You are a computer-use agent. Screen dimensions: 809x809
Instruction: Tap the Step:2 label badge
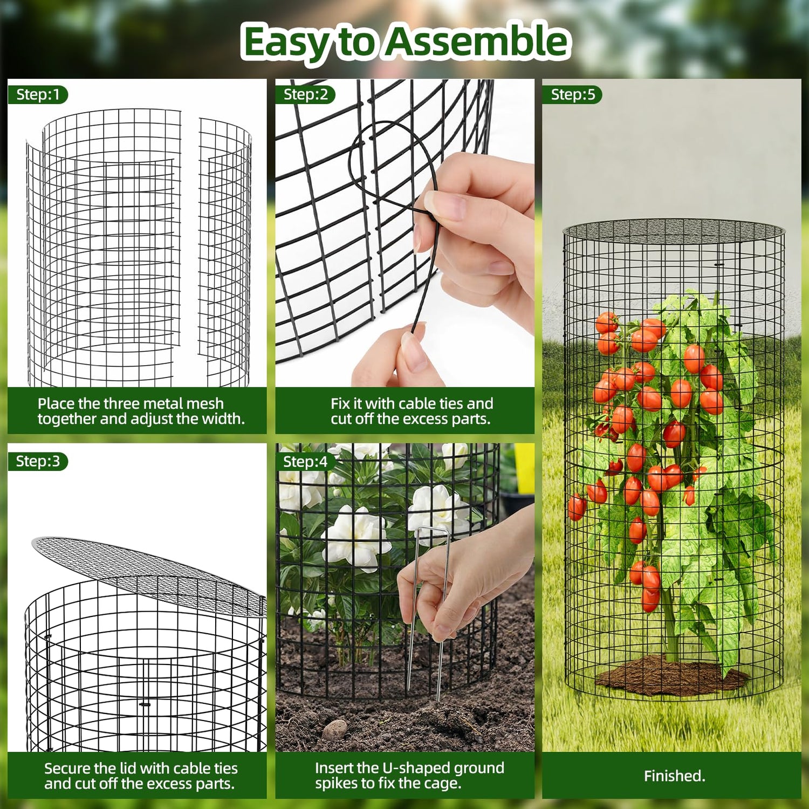coord(305,94)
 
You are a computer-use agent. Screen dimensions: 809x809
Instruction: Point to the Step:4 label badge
coord(305,462)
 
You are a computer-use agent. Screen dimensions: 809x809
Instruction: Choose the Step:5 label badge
coord(572,94)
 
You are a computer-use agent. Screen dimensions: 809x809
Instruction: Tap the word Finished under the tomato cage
coord(674,776)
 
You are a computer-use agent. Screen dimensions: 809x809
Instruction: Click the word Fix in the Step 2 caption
coord(340,403)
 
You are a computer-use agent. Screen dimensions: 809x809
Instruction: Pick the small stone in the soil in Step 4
coord(334,729)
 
